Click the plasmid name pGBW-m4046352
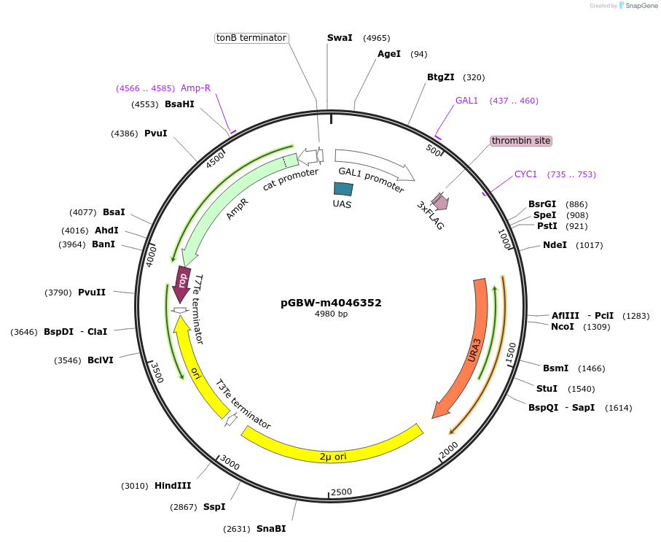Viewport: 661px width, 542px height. (331, 303)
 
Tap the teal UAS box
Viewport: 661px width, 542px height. (343, 189)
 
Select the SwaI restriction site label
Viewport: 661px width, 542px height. (340, 38)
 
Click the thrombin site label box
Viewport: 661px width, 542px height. (521, 141)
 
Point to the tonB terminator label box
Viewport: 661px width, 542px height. (251, 38)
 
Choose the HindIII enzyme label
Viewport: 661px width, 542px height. (173, 486)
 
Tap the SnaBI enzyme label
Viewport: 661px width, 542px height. (271, 529)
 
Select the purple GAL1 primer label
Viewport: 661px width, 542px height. (466, 101)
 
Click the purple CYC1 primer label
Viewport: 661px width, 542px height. (525, 174)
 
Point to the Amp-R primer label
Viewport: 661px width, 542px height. (195, 88)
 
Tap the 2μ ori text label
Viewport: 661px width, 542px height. (333, 457)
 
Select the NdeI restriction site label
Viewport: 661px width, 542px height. (555, 245)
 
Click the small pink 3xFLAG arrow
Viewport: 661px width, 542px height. (439, 201)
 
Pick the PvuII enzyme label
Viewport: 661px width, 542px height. (92, 293)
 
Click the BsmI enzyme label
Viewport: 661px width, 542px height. (555, 368)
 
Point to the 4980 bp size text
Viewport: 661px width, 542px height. (331, 314)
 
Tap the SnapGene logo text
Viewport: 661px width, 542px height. (638, 6)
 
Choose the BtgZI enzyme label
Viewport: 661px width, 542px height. (441, 77)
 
